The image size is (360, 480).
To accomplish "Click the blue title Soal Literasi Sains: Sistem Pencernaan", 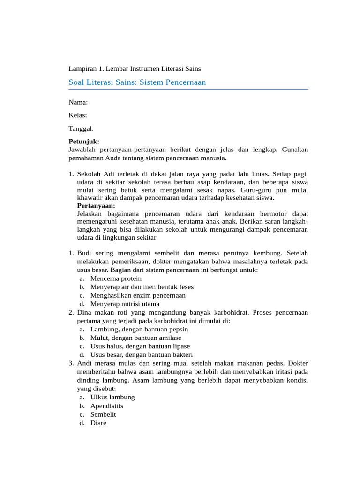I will click(x=137, y=82).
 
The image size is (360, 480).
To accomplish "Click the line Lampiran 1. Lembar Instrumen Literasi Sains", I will click(x=135, y=69).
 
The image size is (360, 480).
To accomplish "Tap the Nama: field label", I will click(x=78, y=102).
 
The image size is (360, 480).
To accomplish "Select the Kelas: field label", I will click(x=78, y=115).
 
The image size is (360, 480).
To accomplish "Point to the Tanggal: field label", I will click(x=81, y=128).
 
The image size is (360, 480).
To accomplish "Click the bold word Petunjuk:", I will click(x=84, y=141).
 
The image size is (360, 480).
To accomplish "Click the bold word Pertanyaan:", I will click(x=96, y=206).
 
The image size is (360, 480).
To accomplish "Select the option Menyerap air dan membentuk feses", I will click(x=142, y=287).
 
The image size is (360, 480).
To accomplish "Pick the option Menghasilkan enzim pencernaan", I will click(x=138, y=295).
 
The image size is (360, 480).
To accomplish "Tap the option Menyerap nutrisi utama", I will click(x=125, y=304).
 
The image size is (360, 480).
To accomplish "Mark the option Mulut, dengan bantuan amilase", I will click(x=135, y=338).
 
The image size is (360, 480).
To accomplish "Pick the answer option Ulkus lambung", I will click(x=112, y=397).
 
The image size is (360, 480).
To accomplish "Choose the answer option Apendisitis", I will click(x=107, y=406).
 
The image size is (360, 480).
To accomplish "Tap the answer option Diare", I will click(x=98, y=423).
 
